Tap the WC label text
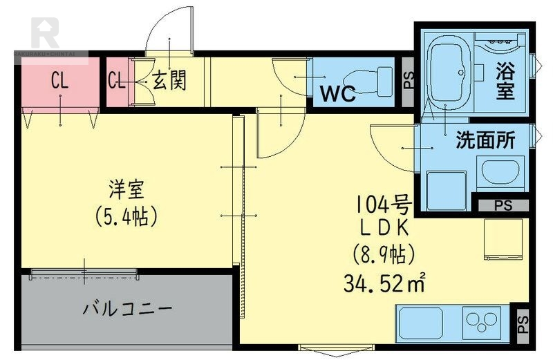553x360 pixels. (337, 94)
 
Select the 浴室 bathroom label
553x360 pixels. (505, 81)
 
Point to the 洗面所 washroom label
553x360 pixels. (485, 140)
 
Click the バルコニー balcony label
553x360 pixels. (126, 309)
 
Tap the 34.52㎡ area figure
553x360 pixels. (384, 282)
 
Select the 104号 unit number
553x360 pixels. (384, 204)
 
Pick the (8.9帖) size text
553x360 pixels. (384, 254)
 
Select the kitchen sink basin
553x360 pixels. (420, 323)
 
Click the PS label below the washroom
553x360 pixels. (503, 205)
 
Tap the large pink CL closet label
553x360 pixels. (59, 81)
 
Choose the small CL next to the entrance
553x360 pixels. (116, 81)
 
